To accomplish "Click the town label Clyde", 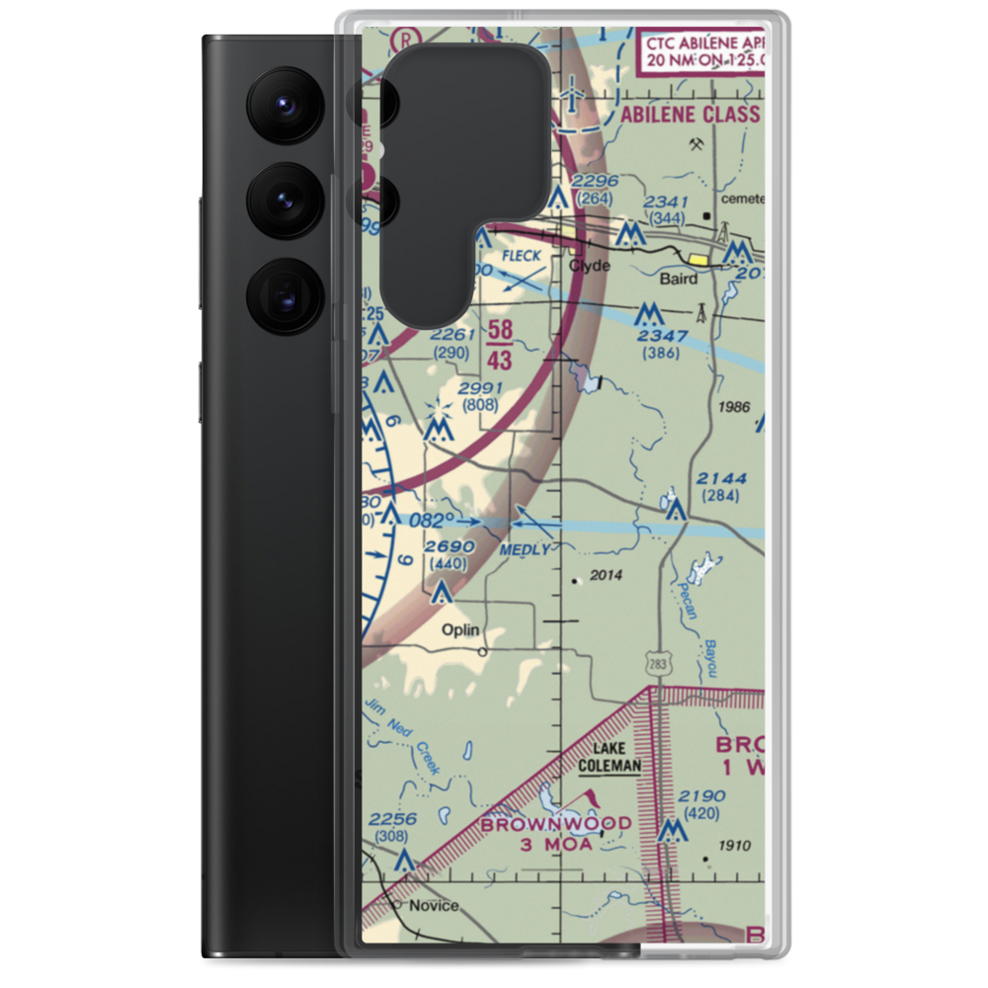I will click(x=590, y=267).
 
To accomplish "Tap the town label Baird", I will click(x=679, y=279).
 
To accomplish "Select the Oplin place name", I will click(x=460, y=629).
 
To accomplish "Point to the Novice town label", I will click(x=434, y=905).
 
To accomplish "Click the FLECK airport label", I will click(x=521, y=256).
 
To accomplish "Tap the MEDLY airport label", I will click(x=526, y=548).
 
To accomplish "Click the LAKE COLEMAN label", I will click(x=610, y=757).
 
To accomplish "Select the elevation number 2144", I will click(x=721, y=479).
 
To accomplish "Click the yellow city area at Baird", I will click(x=700, y=261).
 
